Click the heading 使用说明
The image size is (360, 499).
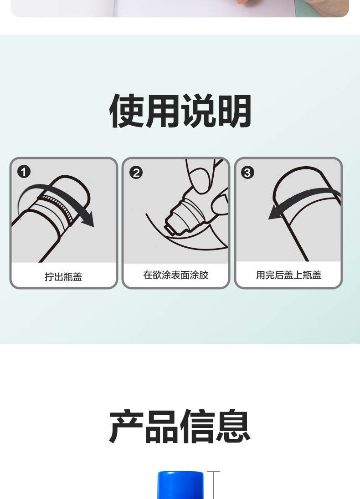pos(180,111)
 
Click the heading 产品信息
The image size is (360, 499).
pos(180,427)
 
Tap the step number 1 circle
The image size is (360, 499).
pos(24,172)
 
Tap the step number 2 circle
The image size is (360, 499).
pos(136,173)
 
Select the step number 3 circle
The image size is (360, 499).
pos(247,173)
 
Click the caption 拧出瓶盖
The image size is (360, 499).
pos(63,276)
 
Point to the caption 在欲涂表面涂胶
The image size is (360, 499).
pos(176,275)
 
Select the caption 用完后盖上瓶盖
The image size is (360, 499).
pos(288,275)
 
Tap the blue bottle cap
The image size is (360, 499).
pos(180,485)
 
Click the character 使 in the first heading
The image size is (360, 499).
pos(127,111)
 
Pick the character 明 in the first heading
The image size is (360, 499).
pos(235,111)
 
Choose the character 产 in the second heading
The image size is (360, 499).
pos(126,427)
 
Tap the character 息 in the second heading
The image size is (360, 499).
pos(233,427)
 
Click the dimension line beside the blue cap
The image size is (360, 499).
pos(213,485)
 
